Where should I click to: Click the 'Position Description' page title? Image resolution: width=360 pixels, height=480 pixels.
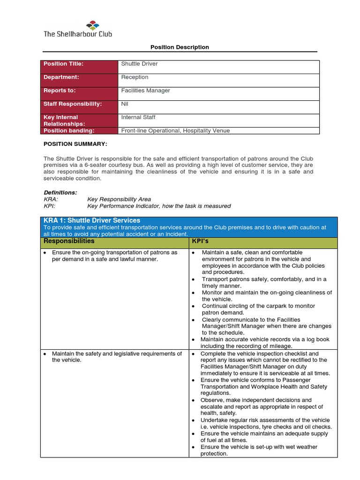(x=180, y=47)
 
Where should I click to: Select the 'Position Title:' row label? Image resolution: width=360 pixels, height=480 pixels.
(x=63, y=64)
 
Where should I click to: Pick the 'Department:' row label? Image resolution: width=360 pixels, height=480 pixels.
(x=61, y=77)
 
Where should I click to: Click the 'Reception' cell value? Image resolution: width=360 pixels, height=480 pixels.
(x=135, y=77)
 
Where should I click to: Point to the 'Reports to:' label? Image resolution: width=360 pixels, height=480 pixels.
(x=60, y=90)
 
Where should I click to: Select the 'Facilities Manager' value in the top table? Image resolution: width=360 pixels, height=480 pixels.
(x=145, y=90)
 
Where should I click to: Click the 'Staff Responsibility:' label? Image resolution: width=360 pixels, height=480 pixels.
(x=72, y=104)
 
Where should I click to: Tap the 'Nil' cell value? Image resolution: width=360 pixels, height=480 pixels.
(x=125, y=104)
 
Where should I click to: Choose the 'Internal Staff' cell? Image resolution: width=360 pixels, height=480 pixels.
(x=138, y=117)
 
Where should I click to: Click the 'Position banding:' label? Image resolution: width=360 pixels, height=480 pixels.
(x=69, y=131)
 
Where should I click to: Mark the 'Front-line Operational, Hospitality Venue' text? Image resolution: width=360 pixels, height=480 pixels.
(x=175, y=131)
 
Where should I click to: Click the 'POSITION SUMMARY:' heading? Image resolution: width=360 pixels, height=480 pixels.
(x=75, y=144)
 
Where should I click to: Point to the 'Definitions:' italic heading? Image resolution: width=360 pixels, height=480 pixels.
(x=60, y=192)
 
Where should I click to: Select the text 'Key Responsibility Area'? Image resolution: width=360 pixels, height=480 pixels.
(x=119, y=199)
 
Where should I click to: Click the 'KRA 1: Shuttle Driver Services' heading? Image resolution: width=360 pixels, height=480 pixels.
(x=92, y=220)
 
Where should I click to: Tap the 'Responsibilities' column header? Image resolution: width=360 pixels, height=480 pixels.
(x=69, y=241)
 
